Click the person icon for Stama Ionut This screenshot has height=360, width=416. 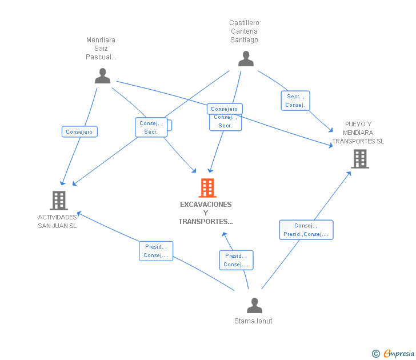254,305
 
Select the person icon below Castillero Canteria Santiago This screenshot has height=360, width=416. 246,59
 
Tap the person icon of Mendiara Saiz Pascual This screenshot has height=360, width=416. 102,76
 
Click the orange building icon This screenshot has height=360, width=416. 207,188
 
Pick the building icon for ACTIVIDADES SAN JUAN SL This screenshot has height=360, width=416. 59,201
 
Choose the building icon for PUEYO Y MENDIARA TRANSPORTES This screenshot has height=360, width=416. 360,159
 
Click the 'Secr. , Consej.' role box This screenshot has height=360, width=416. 295,101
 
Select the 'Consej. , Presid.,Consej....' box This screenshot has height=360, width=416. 306,230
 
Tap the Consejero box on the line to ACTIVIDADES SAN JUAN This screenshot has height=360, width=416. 79,131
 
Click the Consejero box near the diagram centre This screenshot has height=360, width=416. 225,109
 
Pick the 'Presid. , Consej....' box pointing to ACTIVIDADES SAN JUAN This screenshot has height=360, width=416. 156,251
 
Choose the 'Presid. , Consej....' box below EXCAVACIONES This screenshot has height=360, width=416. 236,260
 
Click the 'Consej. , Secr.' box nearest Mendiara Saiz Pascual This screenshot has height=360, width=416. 151,127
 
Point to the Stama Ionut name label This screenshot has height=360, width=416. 253,321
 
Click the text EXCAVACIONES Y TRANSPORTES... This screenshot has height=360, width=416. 206,213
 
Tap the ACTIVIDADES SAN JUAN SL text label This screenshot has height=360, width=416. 57,222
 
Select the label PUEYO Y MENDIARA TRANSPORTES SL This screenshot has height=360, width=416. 358,133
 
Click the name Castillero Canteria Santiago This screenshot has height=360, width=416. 244,31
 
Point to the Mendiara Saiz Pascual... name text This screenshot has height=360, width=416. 101,49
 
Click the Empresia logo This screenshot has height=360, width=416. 393,353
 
